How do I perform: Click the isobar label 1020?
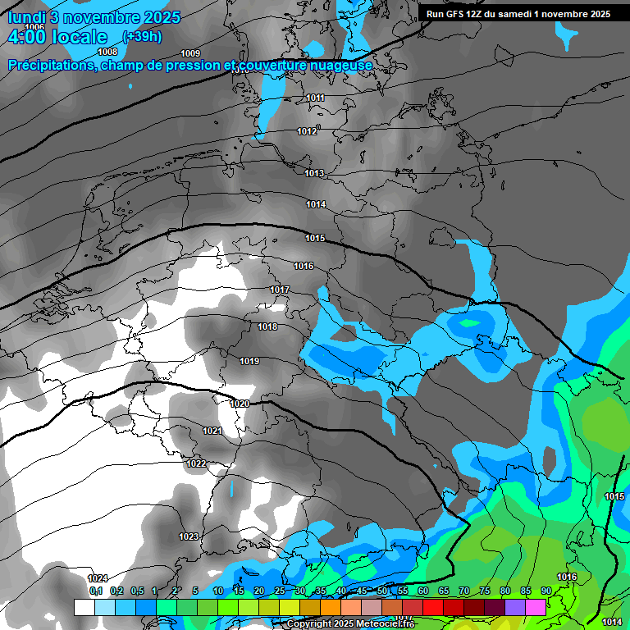pos(240,404)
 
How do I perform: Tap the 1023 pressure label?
pos(189,536)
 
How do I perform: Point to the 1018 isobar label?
pos(267,326)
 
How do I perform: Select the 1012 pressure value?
pos(307,131)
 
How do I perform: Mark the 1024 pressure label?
pos(98,577)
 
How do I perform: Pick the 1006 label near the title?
pos(34,27)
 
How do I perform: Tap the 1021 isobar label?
pos(212,431)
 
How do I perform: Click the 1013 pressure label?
pos(314,173)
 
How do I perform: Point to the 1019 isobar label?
pos(249,361)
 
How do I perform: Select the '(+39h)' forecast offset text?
pos(142,37)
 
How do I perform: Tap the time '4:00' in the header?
pos(25,37)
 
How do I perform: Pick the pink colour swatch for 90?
pos(536,607)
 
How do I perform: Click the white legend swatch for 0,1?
pos(84,607)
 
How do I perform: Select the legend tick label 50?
pos(382,591)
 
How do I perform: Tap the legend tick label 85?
pos(526,591)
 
